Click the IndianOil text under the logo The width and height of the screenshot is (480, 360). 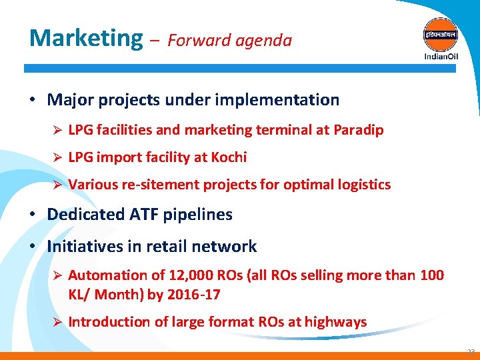[441, 56]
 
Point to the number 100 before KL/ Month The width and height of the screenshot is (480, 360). [431, 275]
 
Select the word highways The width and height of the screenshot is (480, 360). [336, 322]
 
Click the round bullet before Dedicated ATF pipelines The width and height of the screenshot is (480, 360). [32, 215]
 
